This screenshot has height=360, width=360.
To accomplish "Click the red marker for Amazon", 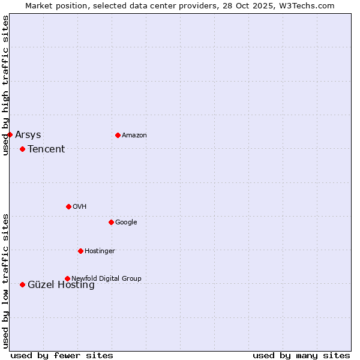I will [x=118, y=135].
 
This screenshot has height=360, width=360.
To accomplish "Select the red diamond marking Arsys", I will [x=10, y=134].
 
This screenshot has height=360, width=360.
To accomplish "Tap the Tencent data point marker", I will [x=22, y=149].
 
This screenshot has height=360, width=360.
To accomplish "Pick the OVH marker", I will [x=68, y=206].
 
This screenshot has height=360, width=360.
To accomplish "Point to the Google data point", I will [x=111, y=222].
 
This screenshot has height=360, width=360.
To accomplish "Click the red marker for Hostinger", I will [x=80, y=251].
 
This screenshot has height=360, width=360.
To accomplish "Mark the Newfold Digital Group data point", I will [x=67, y=278].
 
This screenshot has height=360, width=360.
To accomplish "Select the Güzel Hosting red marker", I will [x=22, y=284].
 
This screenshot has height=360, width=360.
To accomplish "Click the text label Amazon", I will [x=134, y=136].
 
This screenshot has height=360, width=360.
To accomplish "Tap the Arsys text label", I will [x=28, y=135].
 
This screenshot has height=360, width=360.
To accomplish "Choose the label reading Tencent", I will [x=46, y=149].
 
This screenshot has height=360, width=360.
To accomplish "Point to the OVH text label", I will [x=80, y=207].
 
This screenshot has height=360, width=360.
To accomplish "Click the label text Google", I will [x=126, y=223].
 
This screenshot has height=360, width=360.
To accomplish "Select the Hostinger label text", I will [x=100, y=251].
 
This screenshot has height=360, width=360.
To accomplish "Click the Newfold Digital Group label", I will [x=106, y=278].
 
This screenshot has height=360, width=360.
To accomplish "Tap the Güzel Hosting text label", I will [x=61, y=286].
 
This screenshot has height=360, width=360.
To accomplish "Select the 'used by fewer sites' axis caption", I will [x=62, y=355].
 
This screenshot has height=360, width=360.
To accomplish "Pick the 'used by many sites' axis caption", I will [x=301, y=355].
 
